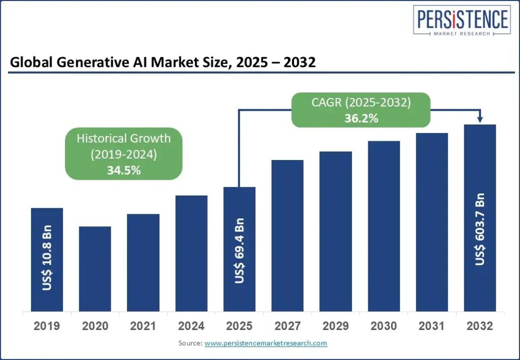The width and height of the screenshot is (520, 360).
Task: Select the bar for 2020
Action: [95, 269]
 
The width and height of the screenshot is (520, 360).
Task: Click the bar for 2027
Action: [287, 236]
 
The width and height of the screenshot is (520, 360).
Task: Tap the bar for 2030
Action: [384, 226]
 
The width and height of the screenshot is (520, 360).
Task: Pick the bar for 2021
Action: [143, 263]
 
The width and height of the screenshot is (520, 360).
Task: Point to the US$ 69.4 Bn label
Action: [240, 250]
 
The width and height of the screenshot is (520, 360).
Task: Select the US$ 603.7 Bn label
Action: [480, 229]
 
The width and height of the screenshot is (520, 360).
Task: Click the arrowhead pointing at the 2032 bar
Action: [480, 120]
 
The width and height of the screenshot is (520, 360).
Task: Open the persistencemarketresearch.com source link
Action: [266, 344]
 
